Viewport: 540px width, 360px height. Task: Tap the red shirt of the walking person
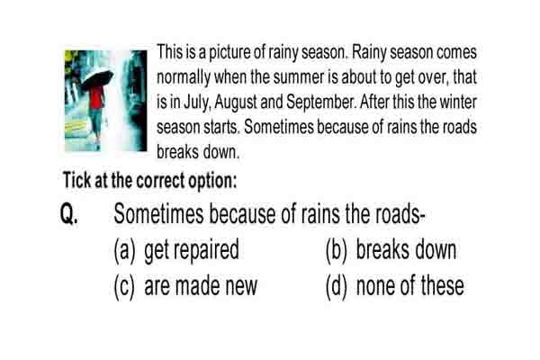coord(97,97)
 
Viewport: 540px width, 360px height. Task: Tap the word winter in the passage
coord(458,102)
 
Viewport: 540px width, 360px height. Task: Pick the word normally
coord(184,78)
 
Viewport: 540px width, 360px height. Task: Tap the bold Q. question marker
coord(69,214)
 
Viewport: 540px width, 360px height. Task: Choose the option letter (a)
coord(125,250)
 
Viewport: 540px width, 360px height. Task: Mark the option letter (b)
coord(337,250)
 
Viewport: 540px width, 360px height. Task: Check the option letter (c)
coord(124,286)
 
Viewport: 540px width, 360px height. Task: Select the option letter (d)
coord(337,286)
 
